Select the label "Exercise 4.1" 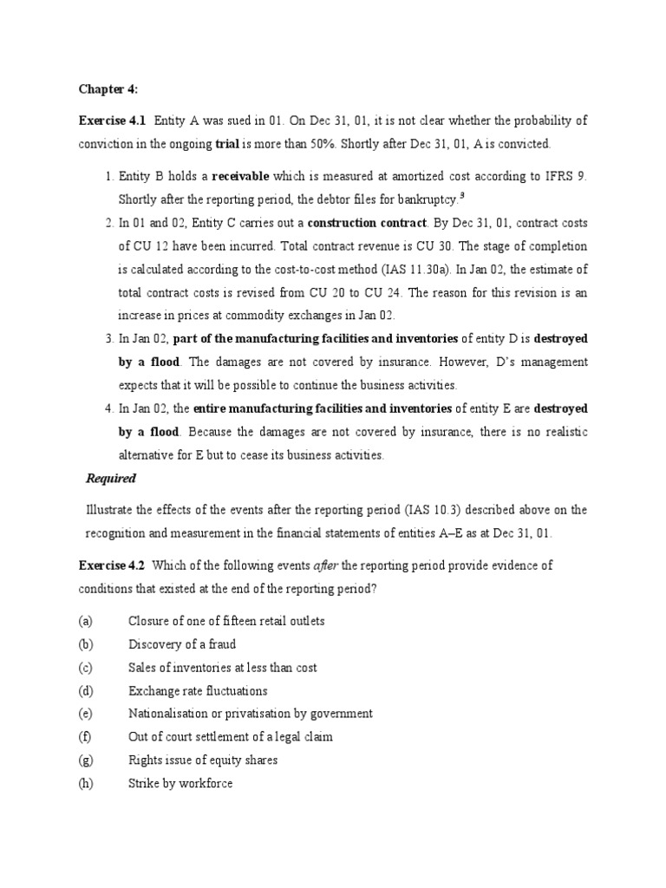pos(113,121)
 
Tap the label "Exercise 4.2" pos(113,565)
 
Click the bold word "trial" pos(229,143)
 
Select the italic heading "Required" pos(110,478)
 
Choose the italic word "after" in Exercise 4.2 pos(323,565)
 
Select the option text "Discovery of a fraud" pos(181,644)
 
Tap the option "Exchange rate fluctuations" pos(198,691)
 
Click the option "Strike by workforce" pos(180,784)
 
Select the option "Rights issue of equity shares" pos(203,761)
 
